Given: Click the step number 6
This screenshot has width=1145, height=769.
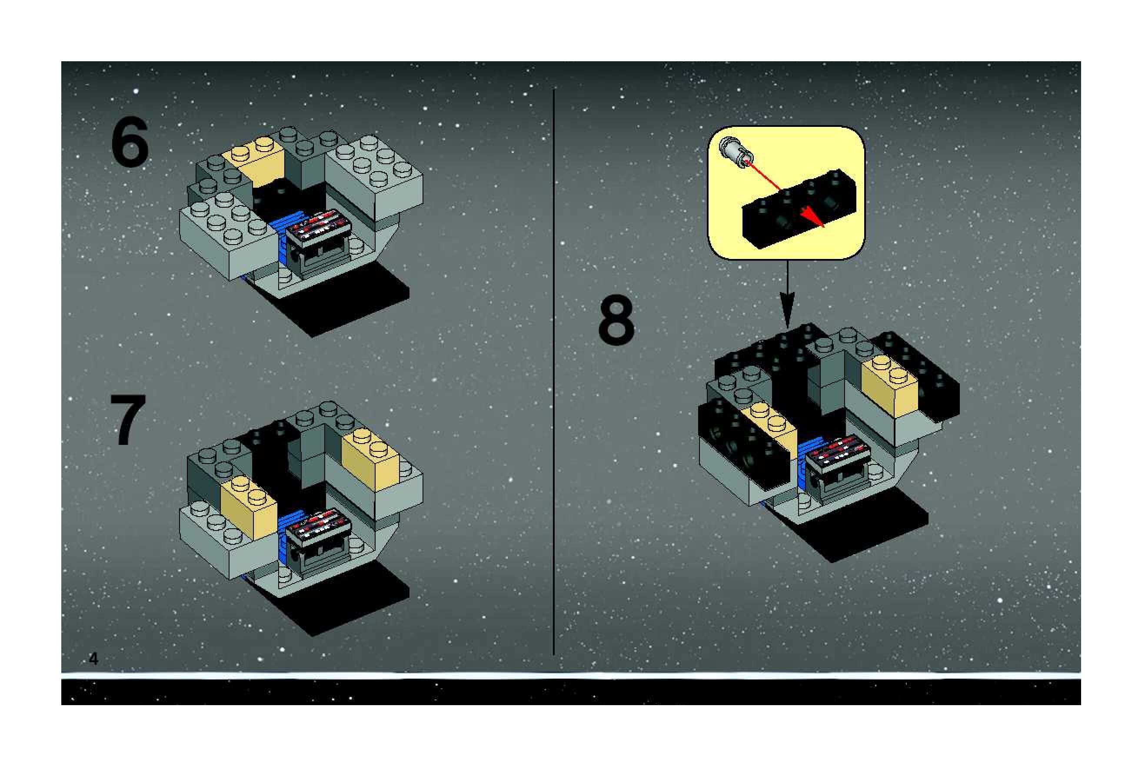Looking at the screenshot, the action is pyautogui.click(x=130, y=143).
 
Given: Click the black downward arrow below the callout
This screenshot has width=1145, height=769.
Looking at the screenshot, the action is pyautogui.click(x=787, y=294).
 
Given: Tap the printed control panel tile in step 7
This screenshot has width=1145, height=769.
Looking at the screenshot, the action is pyautogui.click(x=318, y=524).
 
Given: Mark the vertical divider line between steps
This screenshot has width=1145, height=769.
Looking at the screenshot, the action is pyautogui.click(x=554, y=372).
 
